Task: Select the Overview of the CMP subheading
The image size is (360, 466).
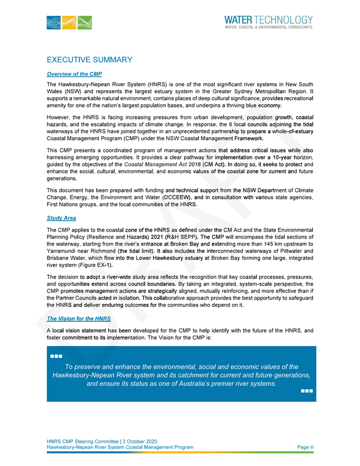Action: pos(74,74)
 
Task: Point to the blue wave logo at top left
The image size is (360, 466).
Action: pos(69,23)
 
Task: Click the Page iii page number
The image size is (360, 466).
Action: pos(305,447)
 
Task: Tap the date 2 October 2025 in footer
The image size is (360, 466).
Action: pos(135,441)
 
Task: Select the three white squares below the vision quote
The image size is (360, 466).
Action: pos(306,391)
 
